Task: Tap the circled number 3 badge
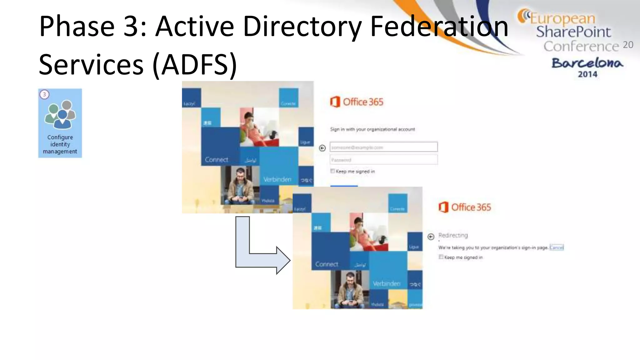(x=44, y=94)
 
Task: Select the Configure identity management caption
(x=60, y=144)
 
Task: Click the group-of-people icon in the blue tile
(x=60, y=115)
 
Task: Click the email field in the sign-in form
(x=383, y=147)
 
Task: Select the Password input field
(x=383, y=160)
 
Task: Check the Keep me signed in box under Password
(x=332, y=171)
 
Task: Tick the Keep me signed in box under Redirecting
(x=441, y=257)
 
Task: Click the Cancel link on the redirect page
(x=556, y=247)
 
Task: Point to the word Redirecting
(x=453, y=235)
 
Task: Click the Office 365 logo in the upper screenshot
(x=357, y=102)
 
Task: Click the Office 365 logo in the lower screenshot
(x=465, y=207)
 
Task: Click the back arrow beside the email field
(x=322, y=148)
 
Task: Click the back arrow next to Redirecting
(x=431, y=237)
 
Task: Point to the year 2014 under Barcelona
(x=587, y=74)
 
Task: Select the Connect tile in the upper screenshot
(x=217, y=159)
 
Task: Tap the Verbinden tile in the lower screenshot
(x=387, y=283)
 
